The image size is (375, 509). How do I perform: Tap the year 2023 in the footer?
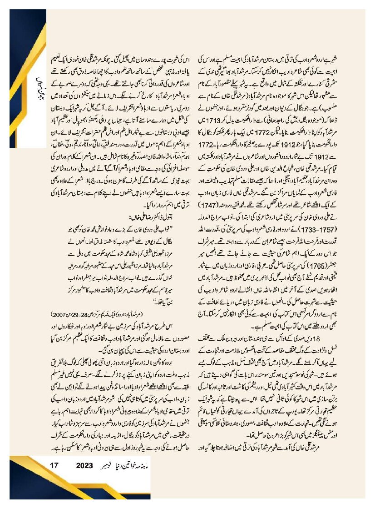[84, 466]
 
